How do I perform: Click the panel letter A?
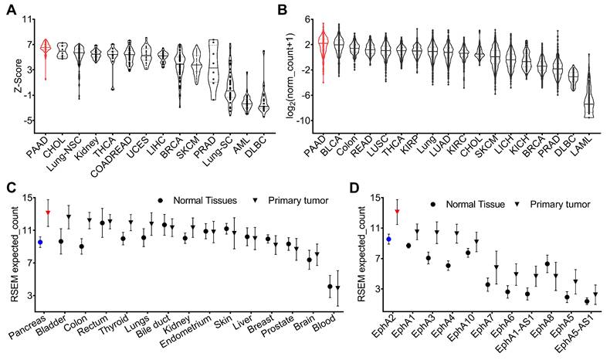click(x=11, y=11)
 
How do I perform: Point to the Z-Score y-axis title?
click(x=12, y=69)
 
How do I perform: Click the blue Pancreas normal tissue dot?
click(x=40, y=242)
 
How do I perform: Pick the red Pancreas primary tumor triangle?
click(x=48, y=212)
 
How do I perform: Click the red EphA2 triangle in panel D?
click(x=397, y=212)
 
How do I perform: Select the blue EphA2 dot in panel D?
click(x=388, y=239)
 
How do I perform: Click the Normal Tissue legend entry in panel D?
click(x=479, y=203)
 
